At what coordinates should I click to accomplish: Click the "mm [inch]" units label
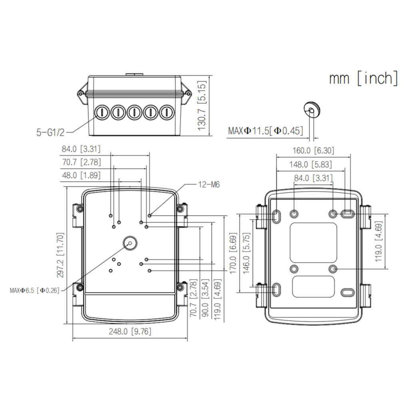(x=363, y=78)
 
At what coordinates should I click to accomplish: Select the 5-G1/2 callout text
(x=50, y=133)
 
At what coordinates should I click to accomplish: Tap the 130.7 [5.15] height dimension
(x=202, y=105)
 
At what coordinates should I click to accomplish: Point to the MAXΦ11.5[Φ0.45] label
(x=266, y=131)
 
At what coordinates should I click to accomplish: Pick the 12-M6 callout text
(x=209, y=185)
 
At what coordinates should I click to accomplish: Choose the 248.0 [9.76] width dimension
(x=130, y=332)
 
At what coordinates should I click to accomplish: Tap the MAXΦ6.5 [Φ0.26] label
(x=35, y=290)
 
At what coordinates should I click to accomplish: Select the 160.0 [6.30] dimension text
(x=313, y=151)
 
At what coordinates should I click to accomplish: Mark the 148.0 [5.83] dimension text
(x=310, y=165)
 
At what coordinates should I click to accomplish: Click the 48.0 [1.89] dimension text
(x=81, y=175)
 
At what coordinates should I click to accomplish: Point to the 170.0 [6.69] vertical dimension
(x=233, y=253)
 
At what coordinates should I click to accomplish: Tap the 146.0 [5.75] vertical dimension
(x=246, y=253)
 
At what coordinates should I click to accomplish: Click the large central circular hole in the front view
(x=130, y=243)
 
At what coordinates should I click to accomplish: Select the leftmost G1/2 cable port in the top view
(x=101, y=112)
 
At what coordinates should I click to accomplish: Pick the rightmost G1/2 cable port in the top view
(x=167, y=112)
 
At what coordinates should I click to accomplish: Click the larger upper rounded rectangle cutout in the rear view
(x=313, y=243)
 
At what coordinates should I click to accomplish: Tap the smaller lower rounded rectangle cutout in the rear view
(x=313, y=287)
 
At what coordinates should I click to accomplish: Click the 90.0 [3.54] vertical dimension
(x=205, y=298)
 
